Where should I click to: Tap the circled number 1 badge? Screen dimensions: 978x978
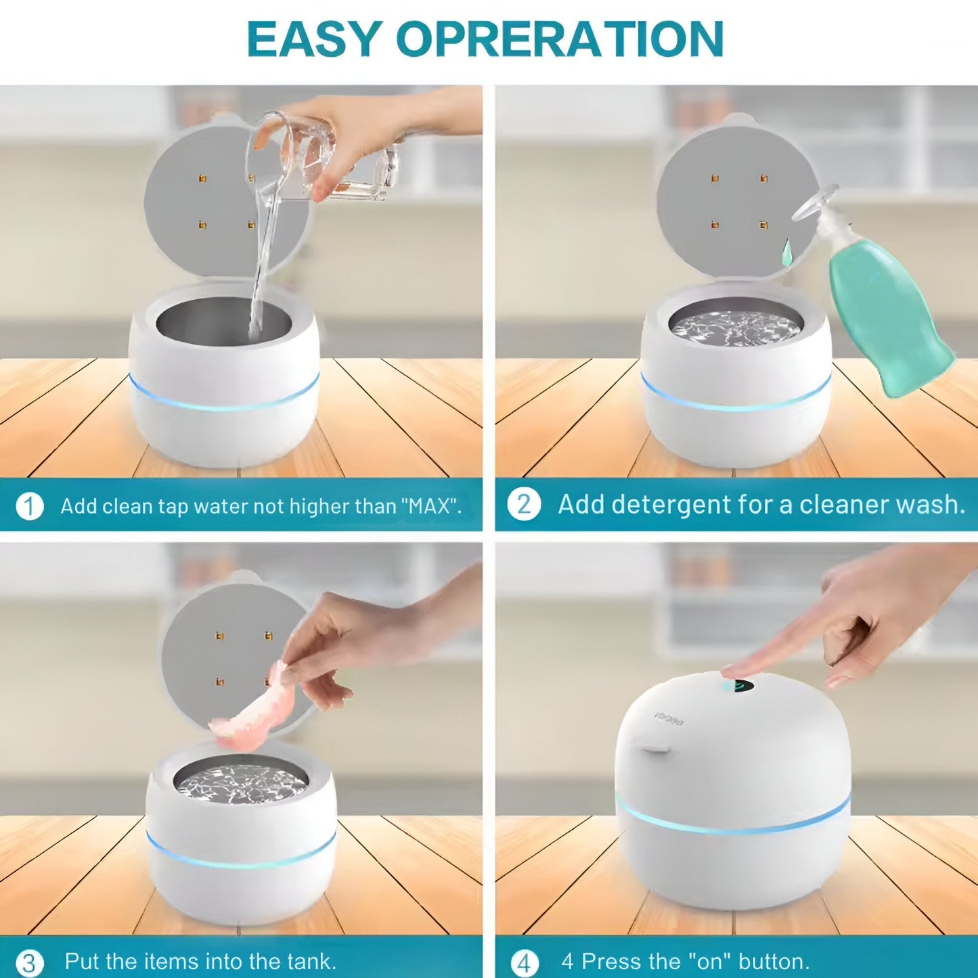29,506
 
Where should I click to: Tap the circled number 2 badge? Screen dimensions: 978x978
524,505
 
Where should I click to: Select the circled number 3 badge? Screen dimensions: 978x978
29,962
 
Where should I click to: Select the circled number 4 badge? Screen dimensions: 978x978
524,962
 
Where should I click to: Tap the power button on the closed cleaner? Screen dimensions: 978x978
738,686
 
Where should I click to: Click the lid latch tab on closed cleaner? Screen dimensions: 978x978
654,749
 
